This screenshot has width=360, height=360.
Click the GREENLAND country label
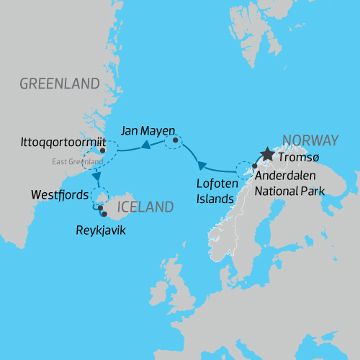(x=59, y=84)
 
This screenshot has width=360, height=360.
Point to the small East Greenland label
(x=78, y=161)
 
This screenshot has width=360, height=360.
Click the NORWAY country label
(x=310, y=140)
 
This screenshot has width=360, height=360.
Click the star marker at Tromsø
(x=268, y=154)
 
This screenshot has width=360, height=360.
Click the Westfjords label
(x=60, y=195)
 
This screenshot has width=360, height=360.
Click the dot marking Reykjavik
(x=105, y=214)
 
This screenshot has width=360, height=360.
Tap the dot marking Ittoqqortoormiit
(x=104, y=151)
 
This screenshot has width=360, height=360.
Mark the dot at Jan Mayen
(x=174, y=140)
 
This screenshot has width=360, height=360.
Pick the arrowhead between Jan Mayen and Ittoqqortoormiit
(x=145, y=145)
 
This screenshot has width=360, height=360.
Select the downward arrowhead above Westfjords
(x=96, y=176)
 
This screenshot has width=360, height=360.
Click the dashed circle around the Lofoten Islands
(x=246, y=173)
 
